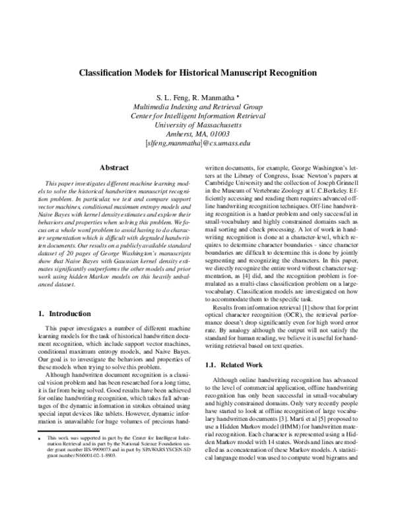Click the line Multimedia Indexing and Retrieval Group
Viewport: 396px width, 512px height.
tap(198, 107)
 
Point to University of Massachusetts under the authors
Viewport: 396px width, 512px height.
tap(198, 124)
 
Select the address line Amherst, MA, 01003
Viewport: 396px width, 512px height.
tap(198, 133)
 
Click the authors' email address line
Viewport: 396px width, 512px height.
tap(198, 142)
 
